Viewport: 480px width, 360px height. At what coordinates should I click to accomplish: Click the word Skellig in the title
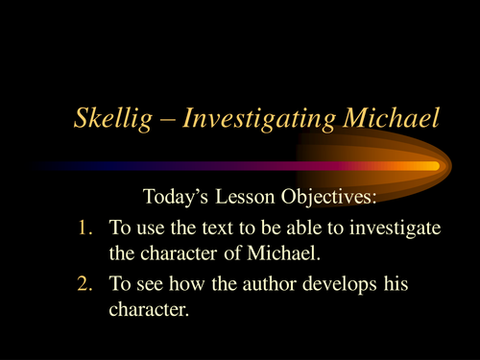click(x=108, y=120)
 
